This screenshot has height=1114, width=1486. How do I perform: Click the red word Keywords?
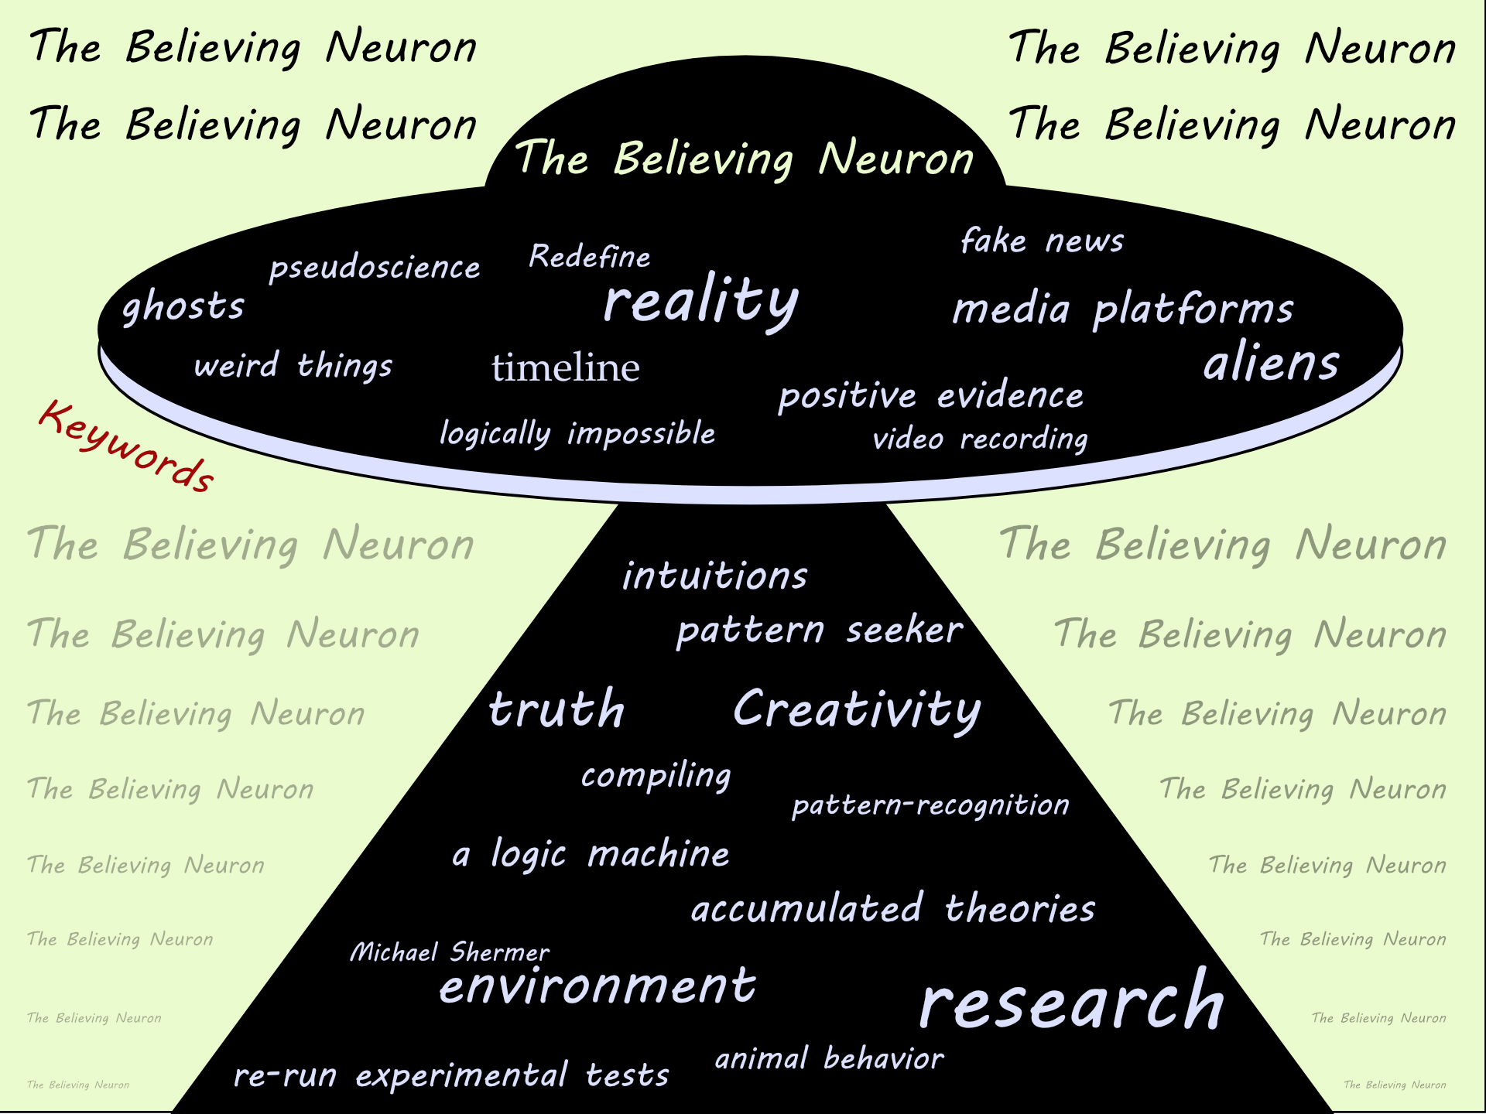pos(126,446)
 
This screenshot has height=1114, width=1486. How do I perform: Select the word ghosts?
pos(183,306)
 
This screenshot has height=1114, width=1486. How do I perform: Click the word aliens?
pos(1271,363)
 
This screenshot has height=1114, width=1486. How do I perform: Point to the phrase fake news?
pos(1042,241)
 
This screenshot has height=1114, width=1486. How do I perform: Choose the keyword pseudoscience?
pos(375,268)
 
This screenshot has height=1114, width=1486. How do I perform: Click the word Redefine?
pos(590,257)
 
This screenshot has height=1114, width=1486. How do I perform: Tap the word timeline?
pos(566,367)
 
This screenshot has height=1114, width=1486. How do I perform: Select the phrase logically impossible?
pos(577,433)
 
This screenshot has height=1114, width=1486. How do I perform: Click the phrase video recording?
pos(980,439)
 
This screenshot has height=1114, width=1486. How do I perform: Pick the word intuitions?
pos(715,576)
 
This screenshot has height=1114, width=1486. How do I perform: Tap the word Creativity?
pos(857,709)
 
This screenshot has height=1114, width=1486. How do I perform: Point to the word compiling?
pos(656,775)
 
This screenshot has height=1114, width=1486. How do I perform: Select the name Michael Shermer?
pos(450,952)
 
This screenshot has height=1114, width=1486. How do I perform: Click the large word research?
pos(1072,1001)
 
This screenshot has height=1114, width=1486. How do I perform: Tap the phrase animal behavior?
pos(829,1058)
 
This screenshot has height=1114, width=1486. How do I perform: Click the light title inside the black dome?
pos(744,159)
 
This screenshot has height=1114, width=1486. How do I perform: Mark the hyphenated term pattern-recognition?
pos(930,805)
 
